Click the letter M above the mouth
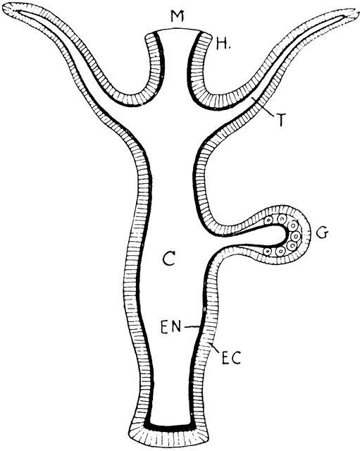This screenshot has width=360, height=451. pos(177,16)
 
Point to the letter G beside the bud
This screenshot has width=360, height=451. pos(322,233)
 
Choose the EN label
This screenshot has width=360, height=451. pos(171,327)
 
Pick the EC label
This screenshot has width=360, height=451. pos(231,357)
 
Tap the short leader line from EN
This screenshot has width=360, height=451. pos(192,326)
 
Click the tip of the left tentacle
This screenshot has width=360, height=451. pos(6,8)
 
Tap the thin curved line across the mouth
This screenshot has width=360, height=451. pos(178,29)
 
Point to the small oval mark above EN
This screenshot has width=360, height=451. pos(204,309)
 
